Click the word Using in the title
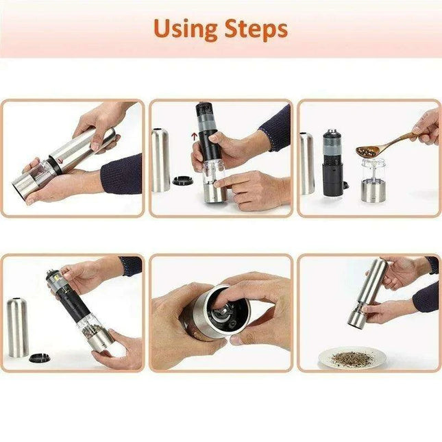click(x=184, y=29)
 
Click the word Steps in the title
click(x=254, y=30)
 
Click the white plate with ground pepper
click(x=352, y=358)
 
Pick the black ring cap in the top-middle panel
click(x=182, y=180)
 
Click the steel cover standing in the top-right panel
click(x=307, y=163)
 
